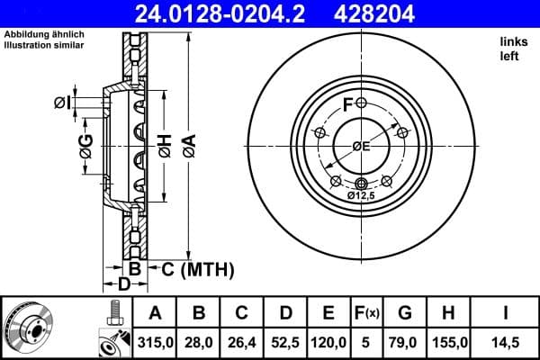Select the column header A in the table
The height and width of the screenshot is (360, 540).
[x=155, y=313]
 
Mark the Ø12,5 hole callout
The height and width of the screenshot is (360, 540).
[x=361, y=194]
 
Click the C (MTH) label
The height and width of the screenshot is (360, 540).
[x=197, y=269]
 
